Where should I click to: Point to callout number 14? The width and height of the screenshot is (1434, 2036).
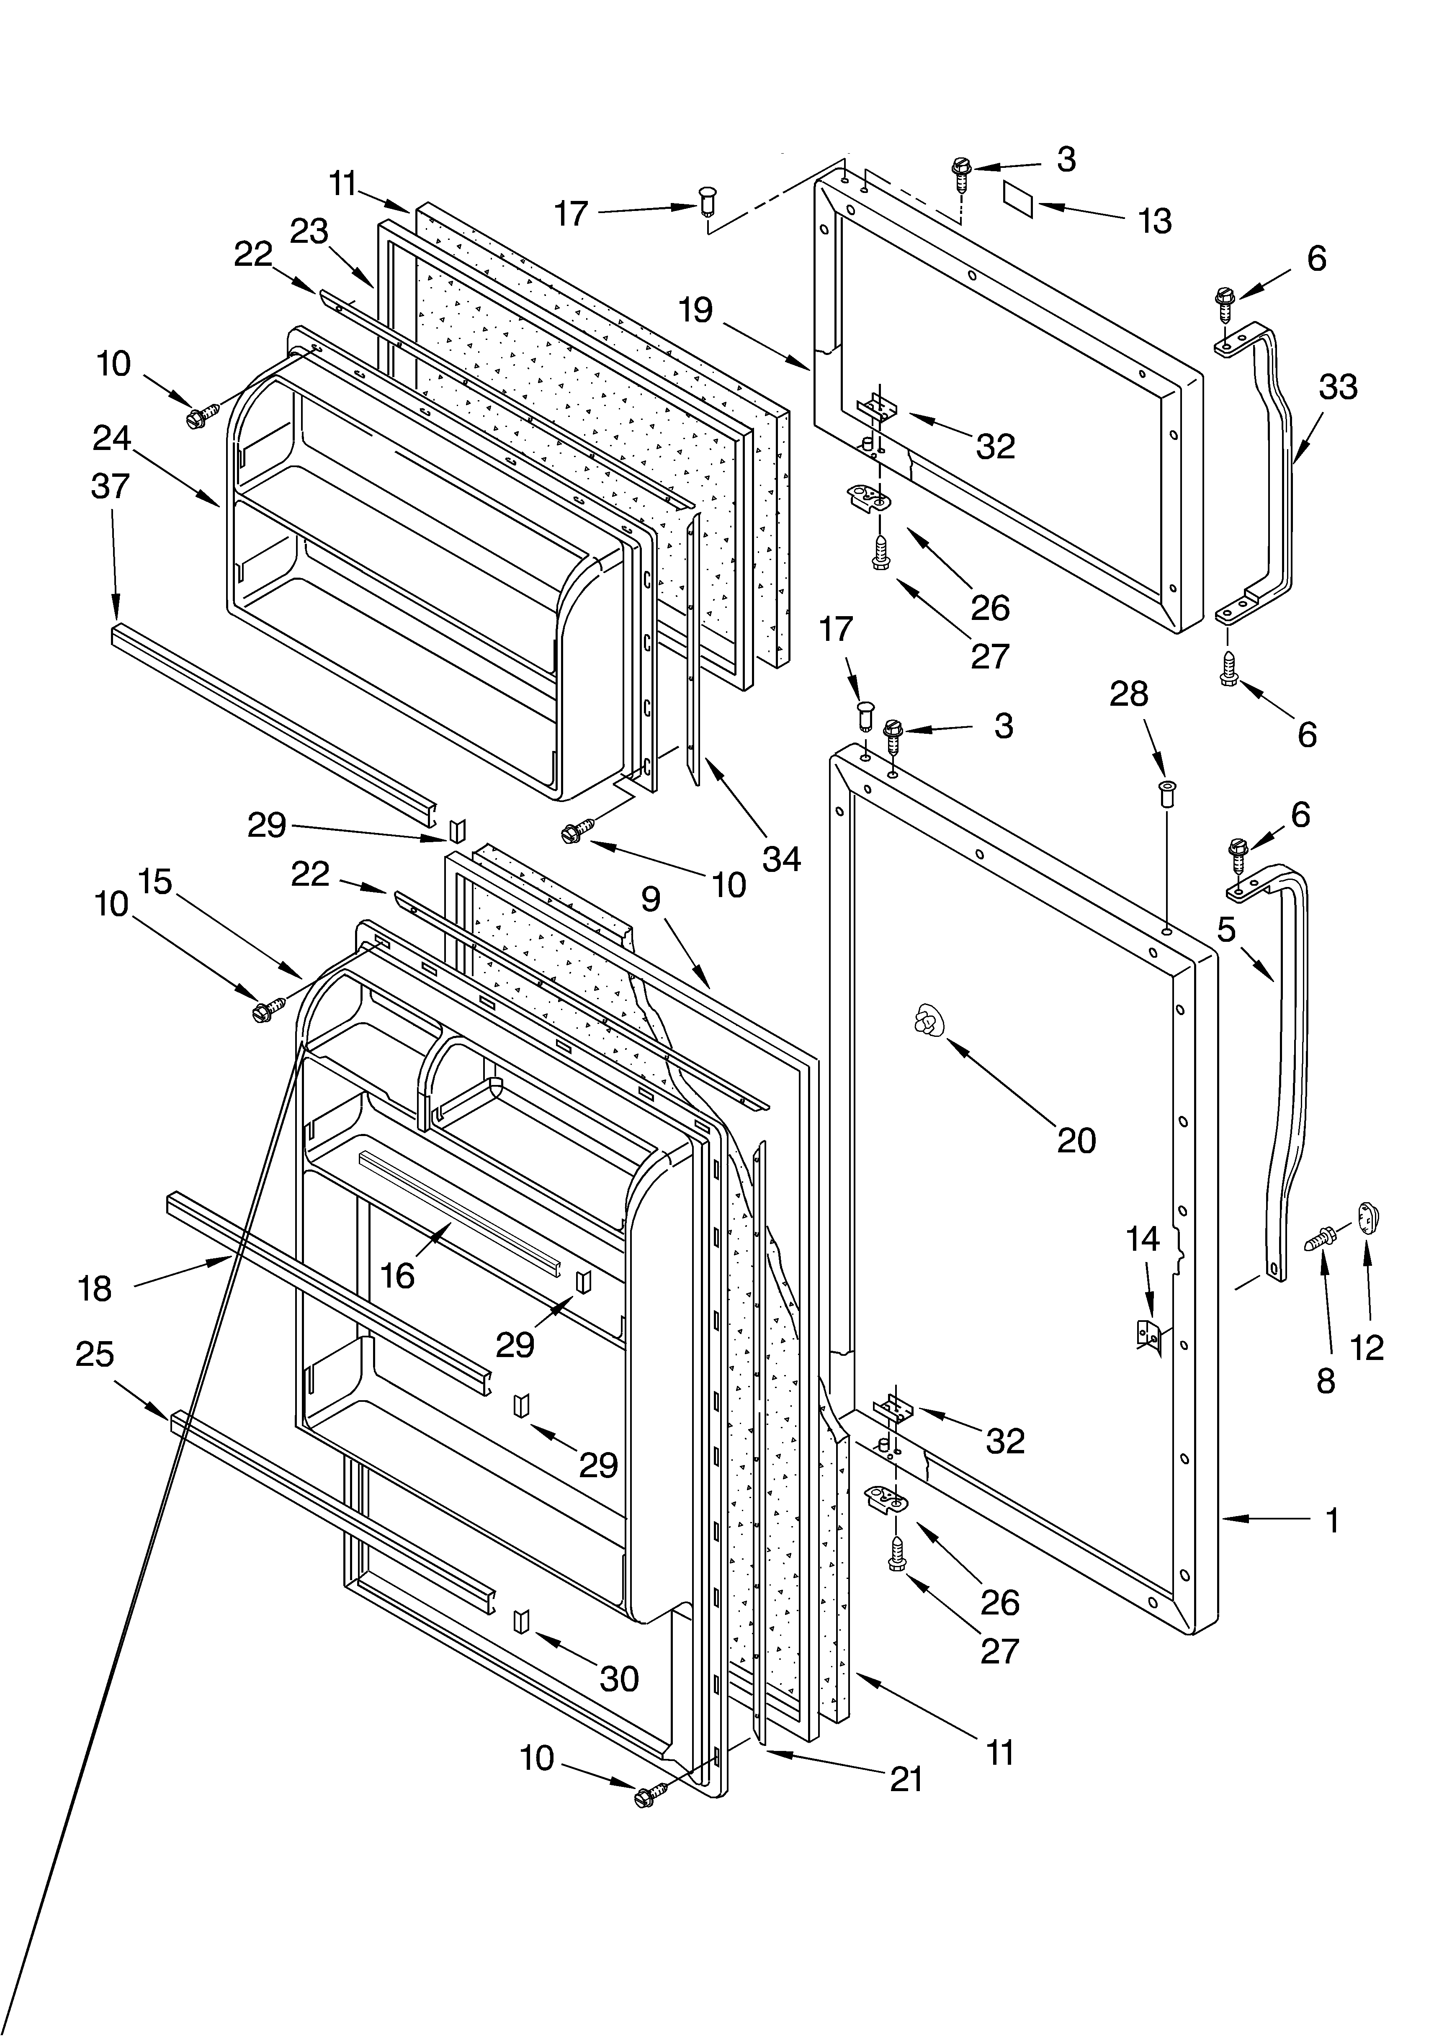pos(1143,1239)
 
